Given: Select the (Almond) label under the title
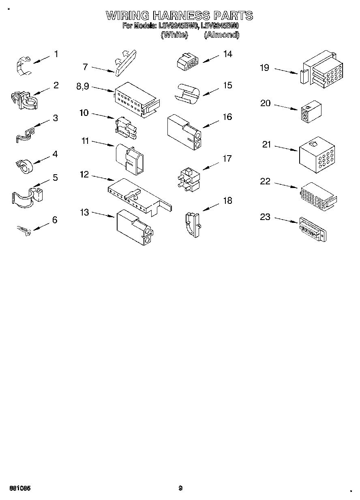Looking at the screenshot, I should click(x=221, y=35).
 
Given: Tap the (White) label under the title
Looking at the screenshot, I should click(x=174, y=35).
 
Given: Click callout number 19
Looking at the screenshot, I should click(x=264, y=68).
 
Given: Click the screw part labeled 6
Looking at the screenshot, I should click(x=23, y=231).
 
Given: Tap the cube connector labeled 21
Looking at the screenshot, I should click(x=316, y=154).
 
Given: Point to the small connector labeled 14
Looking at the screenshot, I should click(x=187, y=62).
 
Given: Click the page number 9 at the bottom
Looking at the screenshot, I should click(x=180, y=488).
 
